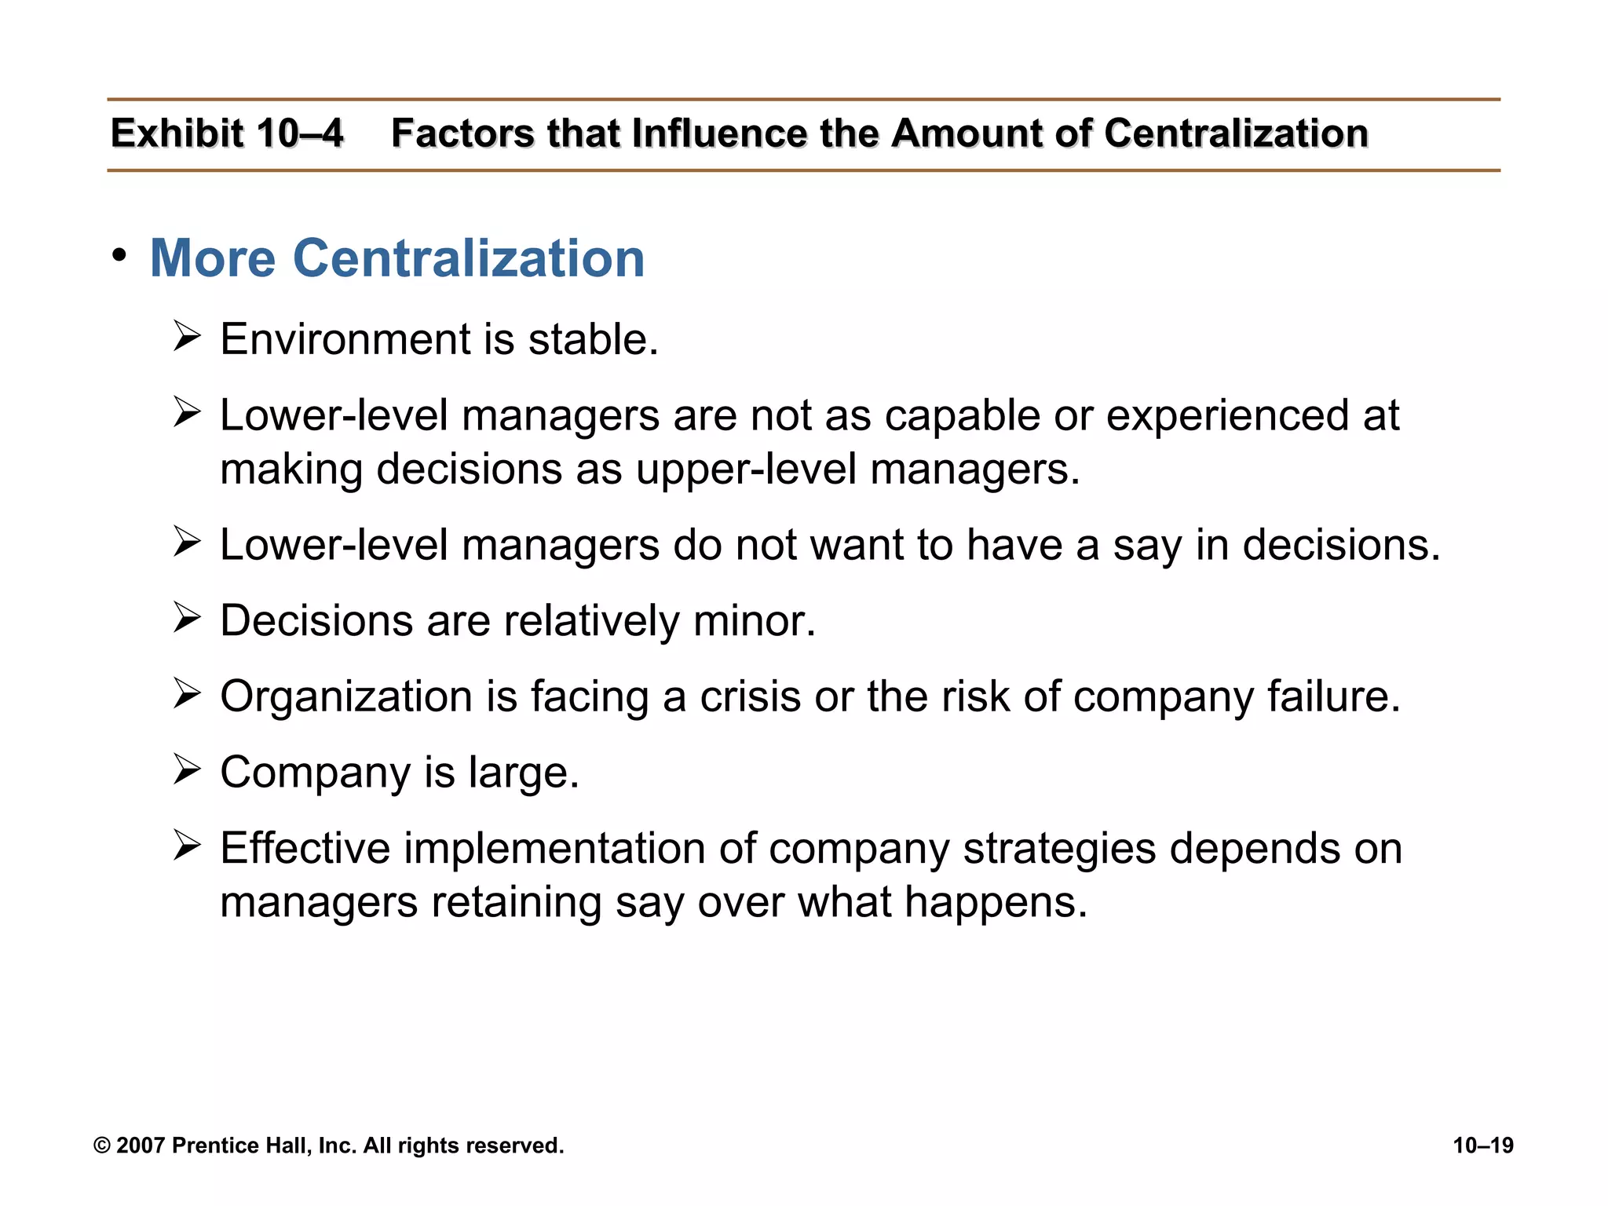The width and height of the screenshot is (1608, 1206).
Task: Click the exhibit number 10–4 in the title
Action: [x=299, y=133]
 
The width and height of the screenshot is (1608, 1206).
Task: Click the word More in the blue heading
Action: [x=212, y=258]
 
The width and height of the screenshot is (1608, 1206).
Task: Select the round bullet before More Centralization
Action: [x=119, y=255]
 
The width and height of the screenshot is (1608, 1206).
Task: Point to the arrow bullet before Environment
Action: [x=187, y=338]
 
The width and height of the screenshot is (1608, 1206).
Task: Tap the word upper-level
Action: [x=746, y=470]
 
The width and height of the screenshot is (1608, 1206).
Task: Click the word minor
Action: [x=755, y=621]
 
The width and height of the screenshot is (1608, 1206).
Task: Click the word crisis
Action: [x=750, y=696]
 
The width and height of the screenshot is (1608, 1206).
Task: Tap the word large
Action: [x=523, y=773]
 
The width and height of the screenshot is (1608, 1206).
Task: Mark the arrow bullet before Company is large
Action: [x=187, y=769]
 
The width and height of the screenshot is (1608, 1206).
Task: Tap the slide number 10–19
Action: [x=1482, y=1146]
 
